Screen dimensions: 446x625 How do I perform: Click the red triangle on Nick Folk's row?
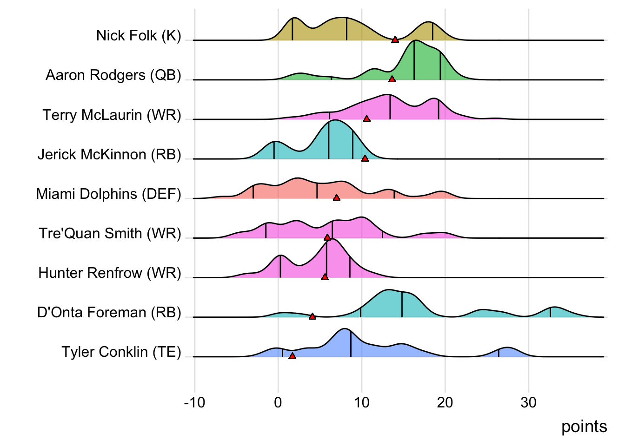[395, 39]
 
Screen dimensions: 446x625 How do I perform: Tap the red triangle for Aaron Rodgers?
[392, 79]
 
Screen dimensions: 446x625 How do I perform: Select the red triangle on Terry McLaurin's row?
[366, 119]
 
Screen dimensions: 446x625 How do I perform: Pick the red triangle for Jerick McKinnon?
[365, 158]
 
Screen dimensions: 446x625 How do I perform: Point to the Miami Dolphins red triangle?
[337, 198]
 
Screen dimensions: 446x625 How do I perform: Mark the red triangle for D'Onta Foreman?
[312, 316]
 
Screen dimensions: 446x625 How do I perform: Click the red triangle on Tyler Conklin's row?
[292, 356]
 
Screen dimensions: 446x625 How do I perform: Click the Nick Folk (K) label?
[139, 36]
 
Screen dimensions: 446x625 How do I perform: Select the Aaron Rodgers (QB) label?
[113, 75]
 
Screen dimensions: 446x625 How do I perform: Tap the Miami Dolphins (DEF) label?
[108, 194]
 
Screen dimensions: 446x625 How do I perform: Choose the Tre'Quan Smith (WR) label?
[110, 233]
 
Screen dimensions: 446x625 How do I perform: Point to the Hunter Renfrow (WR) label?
[110, 273]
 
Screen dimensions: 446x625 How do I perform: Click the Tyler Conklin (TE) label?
[121, 352]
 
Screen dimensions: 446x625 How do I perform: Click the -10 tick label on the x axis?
[194, 402]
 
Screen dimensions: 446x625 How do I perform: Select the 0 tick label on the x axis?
[278, 402]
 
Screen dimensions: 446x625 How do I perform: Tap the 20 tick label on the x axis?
[445, 402]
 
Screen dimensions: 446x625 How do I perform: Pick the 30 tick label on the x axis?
[528, 402]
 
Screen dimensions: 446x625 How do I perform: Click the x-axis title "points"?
[584, 426]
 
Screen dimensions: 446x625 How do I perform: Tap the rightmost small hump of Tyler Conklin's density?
[507, 352]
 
